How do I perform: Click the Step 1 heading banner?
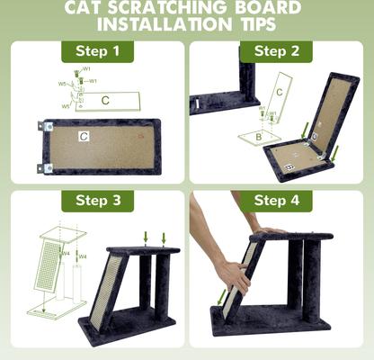pyautogui.click(x=96, y=51)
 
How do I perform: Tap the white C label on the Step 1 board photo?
pyautogui.click(x=83, y=137)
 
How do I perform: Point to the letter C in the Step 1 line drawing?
pyautogui.click(x=105, y=100)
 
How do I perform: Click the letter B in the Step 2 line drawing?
pyautogui.click(x=258, y=137)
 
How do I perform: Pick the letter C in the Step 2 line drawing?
pyautogui.click(x=279, y=92)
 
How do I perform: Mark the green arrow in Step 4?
pyautogui.click(x=221, y=296)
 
